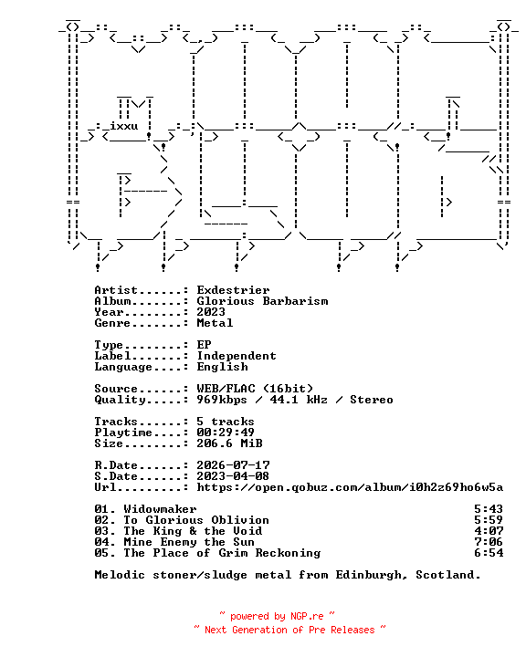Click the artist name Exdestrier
click(233, 290)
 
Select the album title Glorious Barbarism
click(263, 301)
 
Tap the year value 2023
click(211, 312)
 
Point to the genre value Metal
click(215, 323)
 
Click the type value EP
click(204, 344)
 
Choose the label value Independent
click(237, 355)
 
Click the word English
click(222, 367)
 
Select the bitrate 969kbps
click(222, 400)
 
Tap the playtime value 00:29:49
click(226, 432)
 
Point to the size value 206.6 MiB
click(229, 443)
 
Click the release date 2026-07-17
click(233, 465)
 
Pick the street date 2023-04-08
click(233, 476)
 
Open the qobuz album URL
click(350, 487)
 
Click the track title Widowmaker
click(160, 508)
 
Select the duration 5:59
click(489, 519)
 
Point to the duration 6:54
click(489, 553)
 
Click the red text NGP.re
click(307, 616)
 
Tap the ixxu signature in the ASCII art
click(124, 126)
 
